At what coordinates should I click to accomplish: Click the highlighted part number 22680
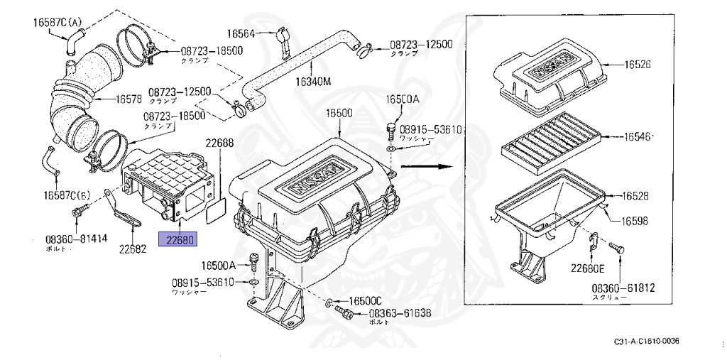[x=179, y=241]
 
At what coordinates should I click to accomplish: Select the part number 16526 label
[x=638, y=65]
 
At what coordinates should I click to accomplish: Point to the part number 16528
[x=638, y=195]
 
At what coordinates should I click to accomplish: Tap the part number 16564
[x=241, y=33]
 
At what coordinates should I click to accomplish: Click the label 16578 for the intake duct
[x=112, y=98]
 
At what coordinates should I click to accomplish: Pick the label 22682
[x=133, y=249]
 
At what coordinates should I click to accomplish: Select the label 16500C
[x=366, y=300]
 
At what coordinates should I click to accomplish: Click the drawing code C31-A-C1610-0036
[x=646, y=342]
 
